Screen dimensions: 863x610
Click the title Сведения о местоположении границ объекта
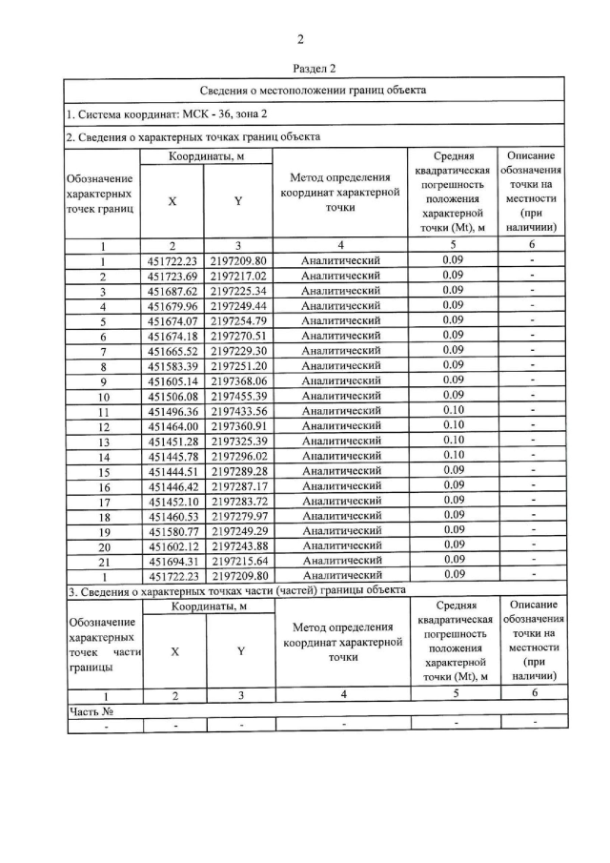tap(315, 91)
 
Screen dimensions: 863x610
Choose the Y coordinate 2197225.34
tap(239, 290)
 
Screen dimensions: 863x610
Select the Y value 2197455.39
tap(239, 395)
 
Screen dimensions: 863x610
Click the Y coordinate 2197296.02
tap(239, 456)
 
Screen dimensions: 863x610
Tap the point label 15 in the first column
tap(103, 472)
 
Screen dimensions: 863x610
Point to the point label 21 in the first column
tap(103, 561)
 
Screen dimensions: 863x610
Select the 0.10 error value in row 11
tap(453, 410)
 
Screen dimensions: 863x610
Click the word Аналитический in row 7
tap(340, 350)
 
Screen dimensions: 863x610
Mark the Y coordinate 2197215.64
tap(239, 561)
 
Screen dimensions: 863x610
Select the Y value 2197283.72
tap(239, 501)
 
